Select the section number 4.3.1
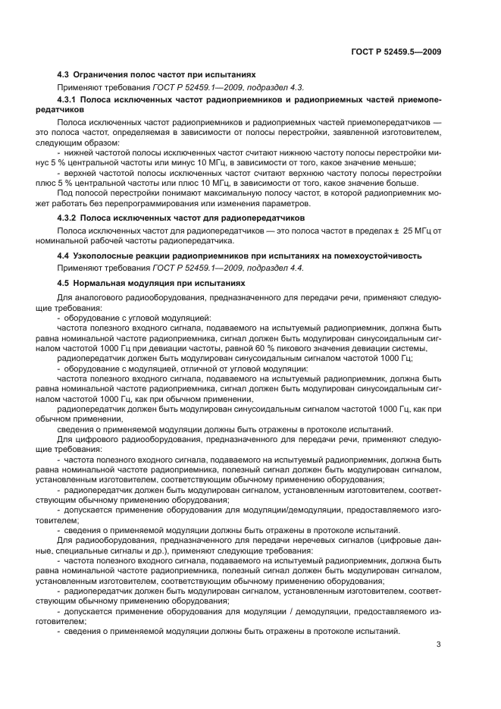click(x=70, y=99)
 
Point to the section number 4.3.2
click(x=70, y=218)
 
